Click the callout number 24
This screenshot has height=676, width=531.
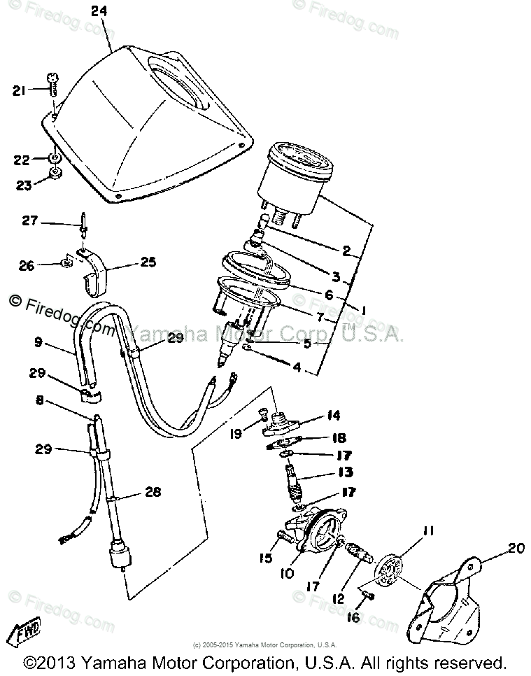tap(99, 11)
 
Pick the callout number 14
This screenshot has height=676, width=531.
tap(332, 416)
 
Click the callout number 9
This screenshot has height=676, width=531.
tap(38, 343)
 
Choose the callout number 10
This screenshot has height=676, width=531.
tap(286, 575)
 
